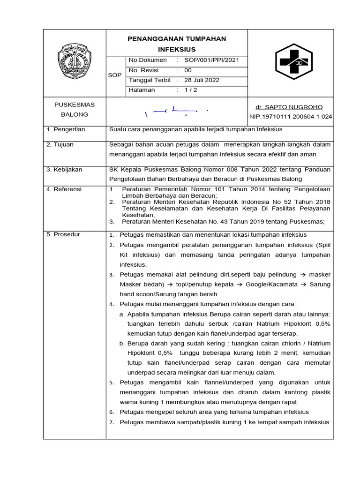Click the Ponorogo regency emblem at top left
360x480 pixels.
pyautogui.click(x=74, y=61)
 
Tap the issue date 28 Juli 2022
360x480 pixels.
pyautogui.click(x=202, y=80)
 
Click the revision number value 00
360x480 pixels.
pyautogui.click(x=188, y=70)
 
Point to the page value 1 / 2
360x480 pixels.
pyautogui.click(x=191, y=90)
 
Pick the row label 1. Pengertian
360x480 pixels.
pyautogui.click(x=66, y=129)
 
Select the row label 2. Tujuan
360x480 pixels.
pyautogui.click(x=60, y=145)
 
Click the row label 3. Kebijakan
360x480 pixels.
pyautogui.click(x=64, y=170)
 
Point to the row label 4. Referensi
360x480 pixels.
pyautogui.click(x=64, y=189)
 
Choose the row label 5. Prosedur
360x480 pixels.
pyautogui.click(x=63, y=234)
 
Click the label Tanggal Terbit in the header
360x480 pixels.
pyautogui.click(x=150, y=80)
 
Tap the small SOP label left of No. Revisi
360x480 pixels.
pyautogui.click(x=114, y=75)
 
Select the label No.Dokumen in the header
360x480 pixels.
pyautogui.click(x=148, y=60)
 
